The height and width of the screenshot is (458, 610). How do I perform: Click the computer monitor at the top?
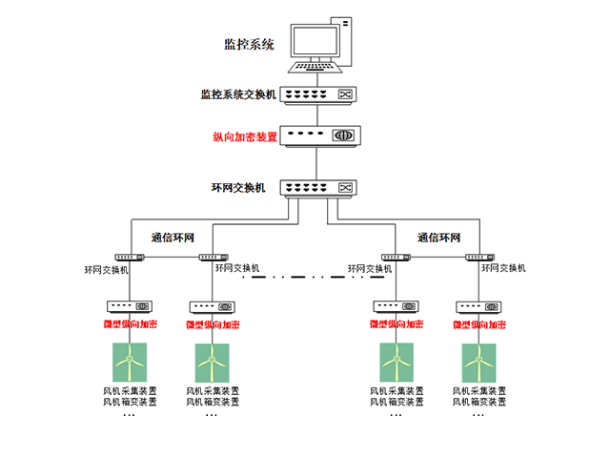[x=316, y=41]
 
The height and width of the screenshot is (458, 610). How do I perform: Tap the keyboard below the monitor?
[x=315, y=67]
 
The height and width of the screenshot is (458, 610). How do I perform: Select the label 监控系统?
[x=248, y=44]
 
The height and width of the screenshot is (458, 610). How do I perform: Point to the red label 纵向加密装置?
[x=245, y=136]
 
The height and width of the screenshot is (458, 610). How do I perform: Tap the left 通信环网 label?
[x=173, y=238]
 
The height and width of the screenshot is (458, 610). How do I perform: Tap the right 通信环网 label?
[x=438, y=238]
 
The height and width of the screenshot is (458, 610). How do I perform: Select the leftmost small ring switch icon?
[x=129, y=257]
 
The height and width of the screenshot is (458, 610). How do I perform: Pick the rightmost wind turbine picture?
[x=478, y=363]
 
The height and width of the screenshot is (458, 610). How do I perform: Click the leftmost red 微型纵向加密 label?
[x=130, y=324]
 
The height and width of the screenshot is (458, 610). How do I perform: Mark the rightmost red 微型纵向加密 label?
[x=478, y=324]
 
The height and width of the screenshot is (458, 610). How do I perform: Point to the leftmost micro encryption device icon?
[x=129, y=306]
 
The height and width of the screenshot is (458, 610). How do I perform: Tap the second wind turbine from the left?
[x=212, y=363]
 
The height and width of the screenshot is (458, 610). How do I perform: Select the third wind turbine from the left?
[x=395, y=363]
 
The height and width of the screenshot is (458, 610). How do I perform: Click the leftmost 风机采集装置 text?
[x=130, y=391]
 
